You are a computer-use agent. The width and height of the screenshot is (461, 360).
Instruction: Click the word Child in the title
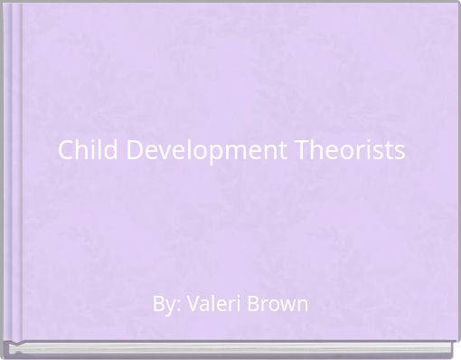(x=85, y=150)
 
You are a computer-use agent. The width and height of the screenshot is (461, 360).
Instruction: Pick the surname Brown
(x=279, y=304)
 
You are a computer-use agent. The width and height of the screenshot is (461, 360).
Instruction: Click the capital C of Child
(x=66, y=150)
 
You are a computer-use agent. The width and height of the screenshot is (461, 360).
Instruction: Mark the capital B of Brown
(x=256, y=304)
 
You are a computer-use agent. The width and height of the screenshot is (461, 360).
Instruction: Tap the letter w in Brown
(x=287, y=305)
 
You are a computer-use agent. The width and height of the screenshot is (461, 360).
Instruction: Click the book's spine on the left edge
(x=12, y=172)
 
